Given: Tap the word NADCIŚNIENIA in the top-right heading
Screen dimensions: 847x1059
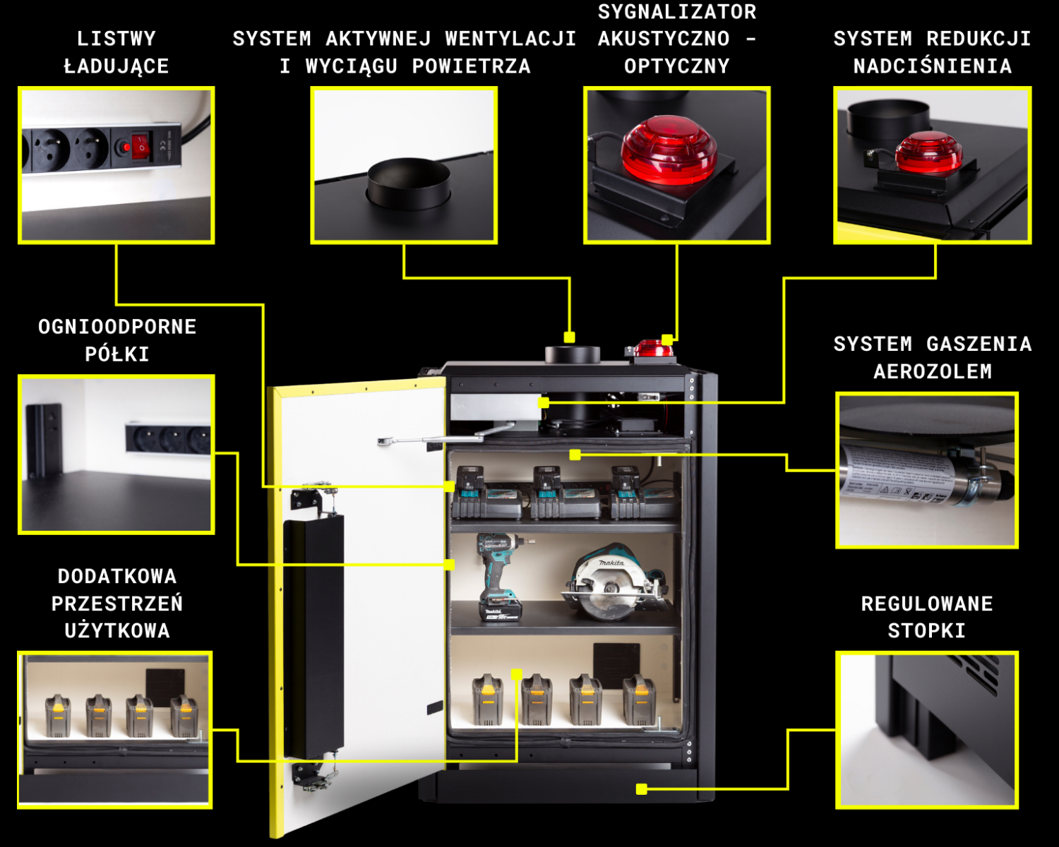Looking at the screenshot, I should coord(932,66).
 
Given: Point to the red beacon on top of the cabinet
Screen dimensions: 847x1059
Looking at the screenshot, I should coord(652,348).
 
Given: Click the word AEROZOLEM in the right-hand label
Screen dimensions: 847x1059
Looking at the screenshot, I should coord(933,371).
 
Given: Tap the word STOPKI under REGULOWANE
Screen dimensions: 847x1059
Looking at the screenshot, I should coord(926,630).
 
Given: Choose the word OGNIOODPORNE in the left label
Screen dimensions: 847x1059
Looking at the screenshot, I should coord(117,327).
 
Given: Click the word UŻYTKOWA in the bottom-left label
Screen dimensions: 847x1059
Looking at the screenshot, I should coord(117,630).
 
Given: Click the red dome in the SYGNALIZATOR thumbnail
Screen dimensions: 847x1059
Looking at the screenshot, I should coord(669,150).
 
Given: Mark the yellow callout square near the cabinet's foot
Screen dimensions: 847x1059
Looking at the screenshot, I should coord(641,789).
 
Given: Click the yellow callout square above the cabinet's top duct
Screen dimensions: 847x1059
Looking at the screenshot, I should coord(569,337).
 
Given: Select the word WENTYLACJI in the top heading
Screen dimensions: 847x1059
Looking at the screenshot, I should coord(510,39).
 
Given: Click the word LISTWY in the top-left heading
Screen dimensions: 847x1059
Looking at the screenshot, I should coord(116,39).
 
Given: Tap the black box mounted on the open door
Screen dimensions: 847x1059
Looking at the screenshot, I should coord(313,635).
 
